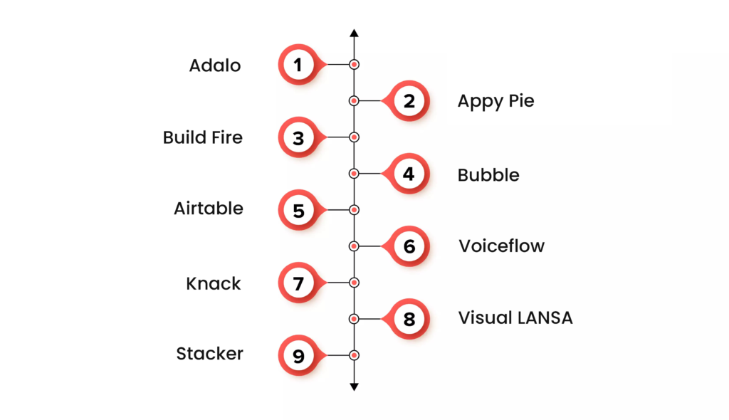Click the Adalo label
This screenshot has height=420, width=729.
pos(215,65)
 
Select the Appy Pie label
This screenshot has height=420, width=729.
pos(495,101)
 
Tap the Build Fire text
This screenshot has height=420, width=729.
pos(202,137)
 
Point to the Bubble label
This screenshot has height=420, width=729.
pos(488,174)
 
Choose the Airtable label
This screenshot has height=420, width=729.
pos(209,209)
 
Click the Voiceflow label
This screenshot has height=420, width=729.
pos(501,246)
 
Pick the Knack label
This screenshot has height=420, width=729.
pos(214,283)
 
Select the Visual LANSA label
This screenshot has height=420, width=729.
pos(515,317)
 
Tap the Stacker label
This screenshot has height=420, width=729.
pos(210,354)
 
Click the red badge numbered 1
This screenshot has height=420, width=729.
pos(298,65)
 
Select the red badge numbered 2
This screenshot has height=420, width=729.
pos(409,101)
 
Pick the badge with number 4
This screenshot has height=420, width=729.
pos(409,174)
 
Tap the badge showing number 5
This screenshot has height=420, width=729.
pos(298,210)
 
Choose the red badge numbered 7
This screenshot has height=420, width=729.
pos(298,283)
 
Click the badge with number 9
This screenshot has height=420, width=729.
pos(298,355)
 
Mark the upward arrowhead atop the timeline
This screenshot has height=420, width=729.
pos(354,33)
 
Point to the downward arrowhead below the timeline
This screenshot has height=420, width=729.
pos(354,387)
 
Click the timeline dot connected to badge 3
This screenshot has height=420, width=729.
pos(354,137)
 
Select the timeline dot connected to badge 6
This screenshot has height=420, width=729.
pos(354,246)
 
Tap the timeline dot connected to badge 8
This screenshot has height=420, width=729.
pos(354,318)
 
